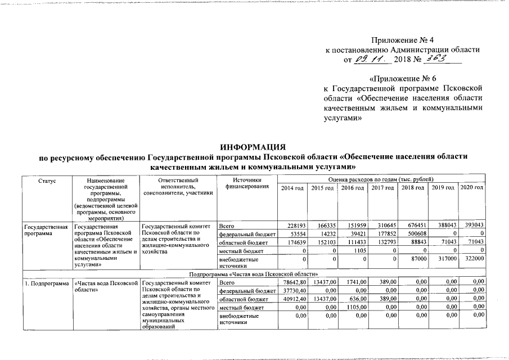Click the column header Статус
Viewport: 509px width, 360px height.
click(47, 180)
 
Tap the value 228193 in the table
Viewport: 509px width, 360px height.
click(295, 225)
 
